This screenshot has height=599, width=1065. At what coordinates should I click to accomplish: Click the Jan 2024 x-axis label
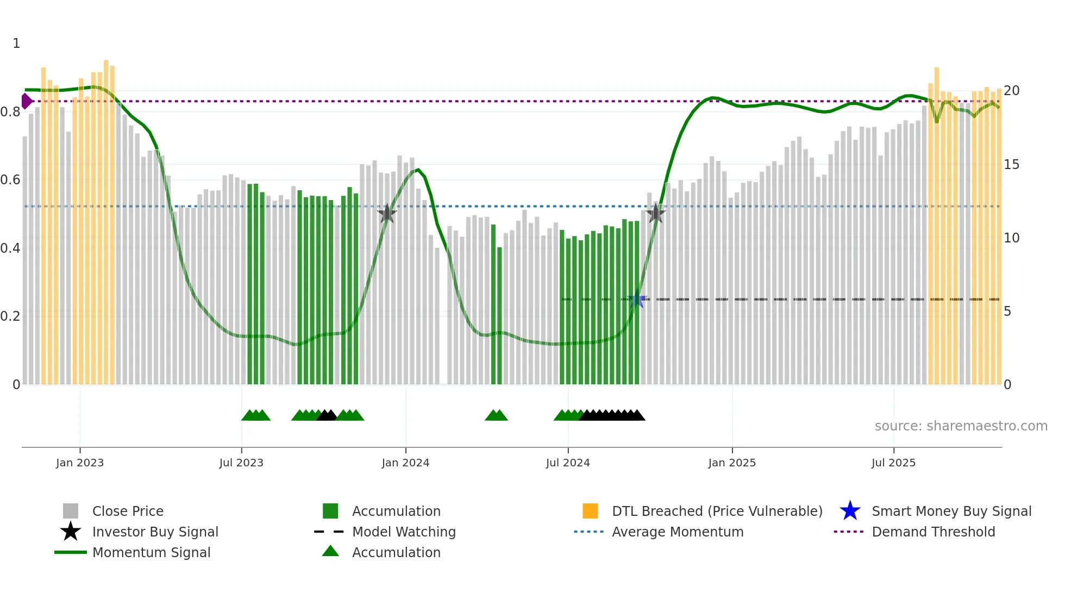pyautogui.click(x=405, y=463)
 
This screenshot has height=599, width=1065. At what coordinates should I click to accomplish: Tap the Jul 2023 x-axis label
pyautogui.click(x=241, y=463)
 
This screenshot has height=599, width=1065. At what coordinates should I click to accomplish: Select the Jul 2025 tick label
pyautogui.click(x=893, y=463)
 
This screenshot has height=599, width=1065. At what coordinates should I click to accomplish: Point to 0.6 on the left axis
pyautogui.click(x=10, y=180)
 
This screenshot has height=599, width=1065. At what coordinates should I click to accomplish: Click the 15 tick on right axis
pyautogui.click(x=1011, y=165)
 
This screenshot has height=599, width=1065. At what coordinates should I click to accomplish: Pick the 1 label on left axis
pyautogui.click(x=16, y=43)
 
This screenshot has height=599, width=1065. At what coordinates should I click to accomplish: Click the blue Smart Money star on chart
pyautogui.click(x=637, y=299)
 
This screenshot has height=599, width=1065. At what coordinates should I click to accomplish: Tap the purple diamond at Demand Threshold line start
pyautogui.click(x=26, y=101)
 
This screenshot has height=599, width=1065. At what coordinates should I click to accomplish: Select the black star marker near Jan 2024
pyautogui.click(x=387, y=214)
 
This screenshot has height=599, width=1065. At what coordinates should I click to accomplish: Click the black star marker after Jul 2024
pyautogui.click(x=656, y=214)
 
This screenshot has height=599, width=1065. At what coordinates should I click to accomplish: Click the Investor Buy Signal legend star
pyautogui.click(x=71, y=532)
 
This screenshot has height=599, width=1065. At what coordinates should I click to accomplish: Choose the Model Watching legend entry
pyautogui.click(x=404, y=532)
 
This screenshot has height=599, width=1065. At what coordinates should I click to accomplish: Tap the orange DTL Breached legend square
pyautogui.click(x=590, y=511)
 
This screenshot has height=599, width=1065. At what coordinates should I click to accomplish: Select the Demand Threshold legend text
pyautogui.click(x=933, y=532)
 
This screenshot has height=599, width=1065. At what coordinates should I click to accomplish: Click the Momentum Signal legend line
pyautogui.click(x=71, y=552)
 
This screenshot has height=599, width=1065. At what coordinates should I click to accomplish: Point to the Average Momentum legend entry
pyautogui.click(x=677, y=532)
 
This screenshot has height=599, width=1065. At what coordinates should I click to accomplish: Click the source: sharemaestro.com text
pyautogui.click(x=961, y=426)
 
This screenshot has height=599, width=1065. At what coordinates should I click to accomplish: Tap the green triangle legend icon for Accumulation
pyautogui.click(x=330, y=551)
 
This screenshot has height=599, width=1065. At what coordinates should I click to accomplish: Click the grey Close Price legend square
pyautogui.click(x=71, y=511)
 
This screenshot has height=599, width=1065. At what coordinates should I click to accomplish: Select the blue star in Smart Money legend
pyautogui.click(x=850, y=511)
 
